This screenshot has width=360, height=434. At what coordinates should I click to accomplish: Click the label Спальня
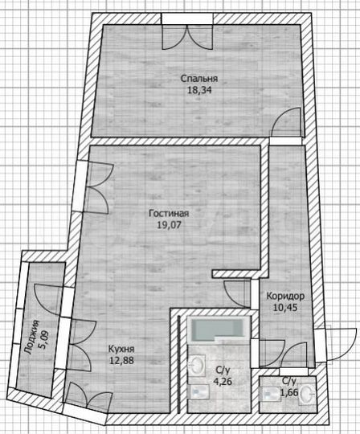199,79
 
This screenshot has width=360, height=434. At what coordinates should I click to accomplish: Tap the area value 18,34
198,91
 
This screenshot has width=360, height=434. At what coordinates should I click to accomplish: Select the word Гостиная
169,214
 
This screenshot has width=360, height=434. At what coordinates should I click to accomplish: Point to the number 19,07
169,226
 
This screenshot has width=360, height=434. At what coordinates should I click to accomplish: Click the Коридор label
284,295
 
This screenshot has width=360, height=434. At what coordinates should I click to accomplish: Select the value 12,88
121,362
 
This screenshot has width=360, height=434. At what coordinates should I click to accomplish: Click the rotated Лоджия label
31,339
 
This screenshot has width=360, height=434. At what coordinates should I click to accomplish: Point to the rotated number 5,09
43,339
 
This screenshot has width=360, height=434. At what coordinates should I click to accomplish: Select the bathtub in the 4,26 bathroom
218,328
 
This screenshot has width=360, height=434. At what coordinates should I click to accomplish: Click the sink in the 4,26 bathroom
197,366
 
